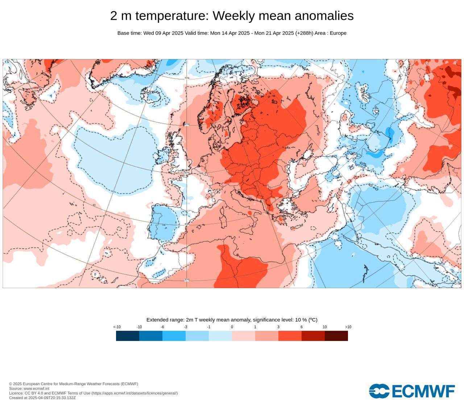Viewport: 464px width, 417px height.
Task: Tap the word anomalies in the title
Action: [324, 16]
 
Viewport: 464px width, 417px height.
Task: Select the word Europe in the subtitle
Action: [338, 33]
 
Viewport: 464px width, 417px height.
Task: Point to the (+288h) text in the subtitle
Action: [304, 33]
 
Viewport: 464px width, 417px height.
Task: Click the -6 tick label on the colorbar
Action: [162, 327]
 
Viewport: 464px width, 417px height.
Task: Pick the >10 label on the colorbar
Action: [348, 327]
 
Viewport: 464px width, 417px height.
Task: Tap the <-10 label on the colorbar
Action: [117, 327]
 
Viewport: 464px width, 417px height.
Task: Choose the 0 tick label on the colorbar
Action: [232, 327]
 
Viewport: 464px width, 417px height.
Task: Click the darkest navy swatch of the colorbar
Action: [128, 336]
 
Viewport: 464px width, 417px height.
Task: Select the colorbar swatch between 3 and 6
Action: [290, 336]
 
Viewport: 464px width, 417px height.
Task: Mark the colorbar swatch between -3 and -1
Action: [197, 336]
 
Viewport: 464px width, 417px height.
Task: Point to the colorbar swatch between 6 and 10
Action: [313, 336]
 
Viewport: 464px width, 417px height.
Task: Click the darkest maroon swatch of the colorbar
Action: [336, 336]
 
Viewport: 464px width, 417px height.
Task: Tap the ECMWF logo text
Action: [423, 391]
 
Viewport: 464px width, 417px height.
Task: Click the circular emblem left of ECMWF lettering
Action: [379, 391]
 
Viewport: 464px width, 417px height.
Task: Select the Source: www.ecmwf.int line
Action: [29, 388]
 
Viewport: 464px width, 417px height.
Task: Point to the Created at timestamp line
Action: [42, 398]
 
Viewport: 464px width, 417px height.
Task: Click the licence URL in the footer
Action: [134, 393]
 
